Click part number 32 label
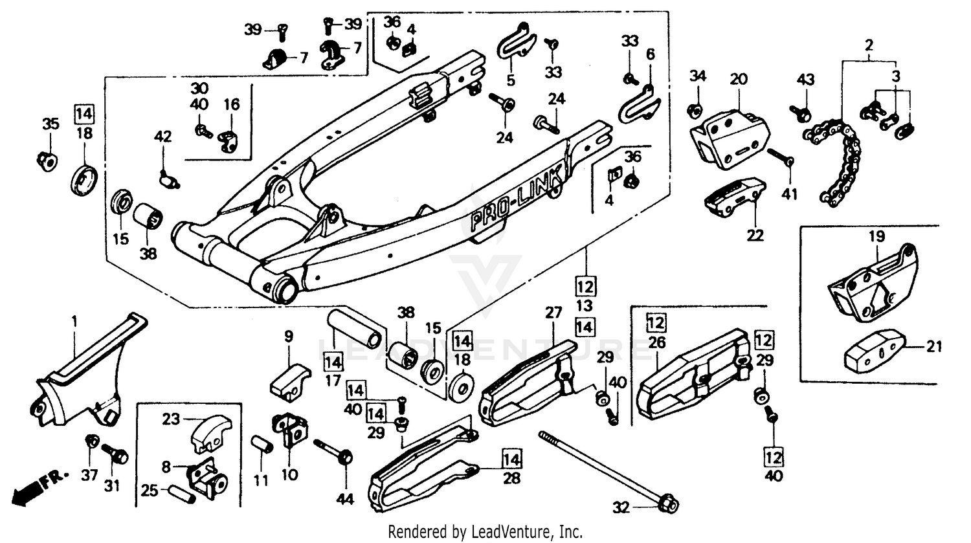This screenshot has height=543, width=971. pyautogui.click(x=620, y=507)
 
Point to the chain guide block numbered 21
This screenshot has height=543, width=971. pyautogui.click(x=874, y=350)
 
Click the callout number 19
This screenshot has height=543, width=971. pyautogui.click(x=876, y=238)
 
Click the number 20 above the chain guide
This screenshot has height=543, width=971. pyautogui.click(x=738, y=80)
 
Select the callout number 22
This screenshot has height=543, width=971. pyautogui.click(x=755, y=235)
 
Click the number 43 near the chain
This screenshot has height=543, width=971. pyautogui.click(x=805, y=80)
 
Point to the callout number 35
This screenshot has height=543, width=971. pyautogui.click(x=50, y=124)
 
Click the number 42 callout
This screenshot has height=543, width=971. pyautogui.click(x=163, y=136)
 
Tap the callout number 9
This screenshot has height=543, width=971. pyautogui.click(x=289, y=337)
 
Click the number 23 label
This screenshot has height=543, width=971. pyautogui.click(x=171, y=419)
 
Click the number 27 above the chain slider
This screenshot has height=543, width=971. pyautogui.click(x=553, y=313)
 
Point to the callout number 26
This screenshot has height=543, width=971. pyautogui.click(x=657, y=342)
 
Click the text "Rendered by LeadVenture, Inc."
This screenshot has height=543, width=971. pyautogui.click(x=485, y=532)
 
